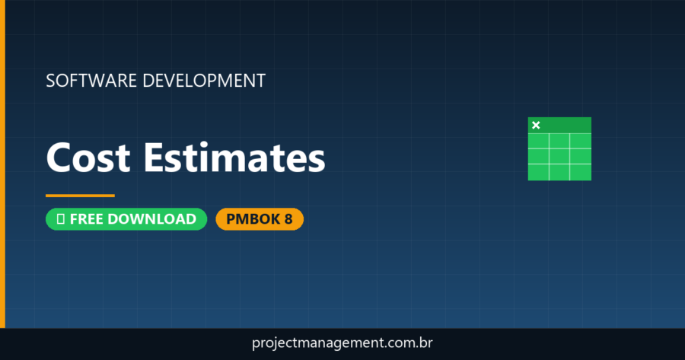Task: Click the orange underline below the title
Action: [80, 196]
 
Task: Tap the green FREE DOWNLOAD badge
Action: [126, 219]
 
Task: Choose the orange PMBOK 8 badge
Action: [260, 219]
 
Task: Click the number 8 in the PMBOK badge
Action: [288, 219]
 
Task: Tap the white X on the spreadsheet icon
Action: [536, 125]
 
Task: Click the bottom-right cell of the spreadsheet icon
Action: [581, 171]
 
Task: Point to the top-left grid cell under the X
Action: [538, 141]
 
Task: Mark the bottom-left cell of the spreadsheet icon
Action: [538, 171]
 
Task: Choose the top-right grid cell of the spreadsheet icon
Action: [581, 141]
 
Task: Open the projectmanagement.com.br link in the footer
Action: [342, 343]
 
